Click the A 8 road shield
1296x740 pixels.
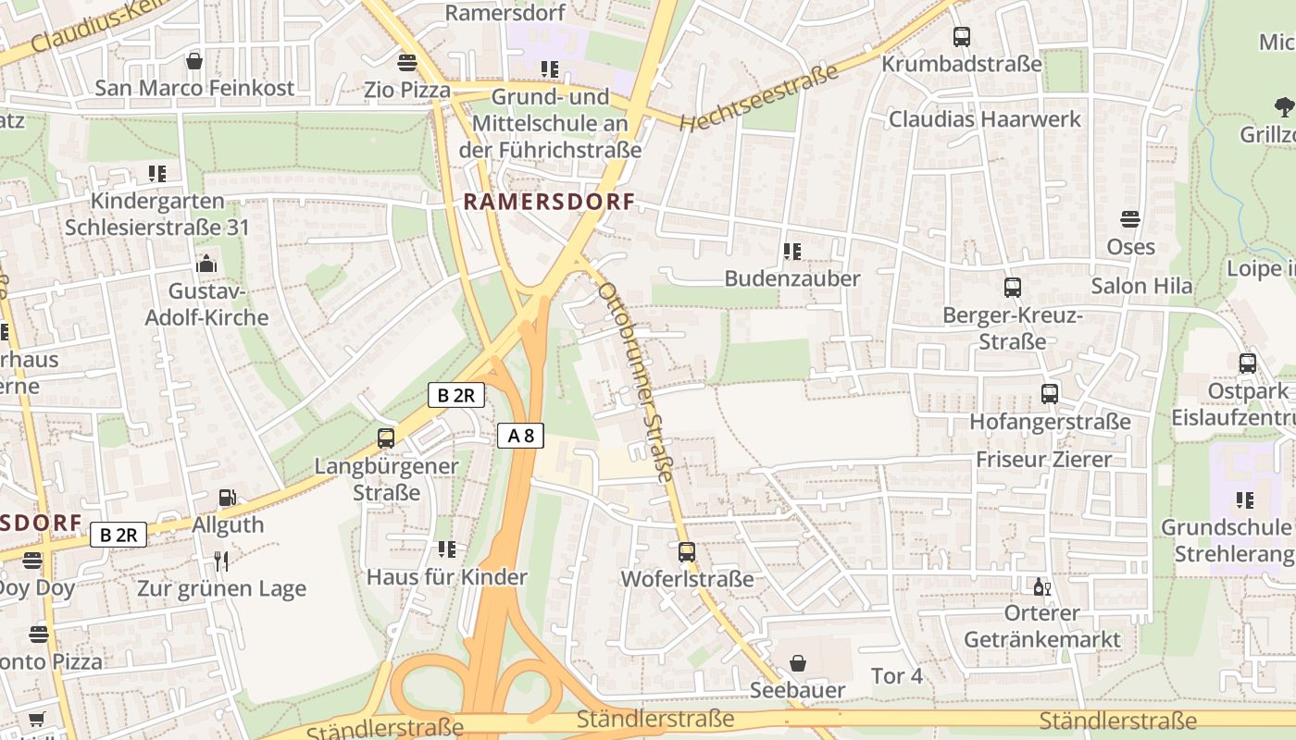click(520, 435)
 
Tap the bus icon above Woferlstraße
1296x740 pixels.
click(687, 552)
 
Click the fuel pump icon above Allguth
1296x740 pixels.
click(227, 498)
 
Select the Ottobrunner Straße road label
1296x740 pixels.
click(635, 381)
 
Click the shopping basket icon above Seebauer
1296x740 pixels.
click(797, 663)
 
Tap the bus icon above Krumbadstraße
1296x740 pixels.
click(962, 37)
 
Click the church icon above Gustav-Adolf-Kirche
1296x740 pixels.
click(206, 265)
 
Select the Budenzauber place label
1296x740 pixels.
click(791, 278)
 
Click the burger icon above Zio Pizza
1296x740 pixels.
click(406, 63)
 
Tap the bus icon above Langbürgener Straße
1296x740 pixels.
click(386, 438)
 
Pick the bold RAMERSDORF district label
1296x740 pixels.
click(549, 202)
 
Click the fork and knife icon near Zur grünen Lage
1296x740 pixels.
click(220, 561)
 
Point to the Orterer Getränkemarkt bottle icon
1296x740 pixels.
click(1041, 586)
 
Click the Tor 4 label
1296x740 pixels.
click(896, 676)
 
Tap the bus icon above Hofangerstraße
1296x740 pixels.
click(1050, 394)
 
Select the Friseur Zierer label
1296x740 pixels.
click(1043, 460)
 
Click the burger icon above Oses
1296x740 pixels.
click(1129, 219)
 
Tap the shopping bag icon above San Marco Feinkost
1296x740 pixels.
click(194, 61)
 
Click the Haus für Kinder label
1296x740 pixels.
click(446, 577)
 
